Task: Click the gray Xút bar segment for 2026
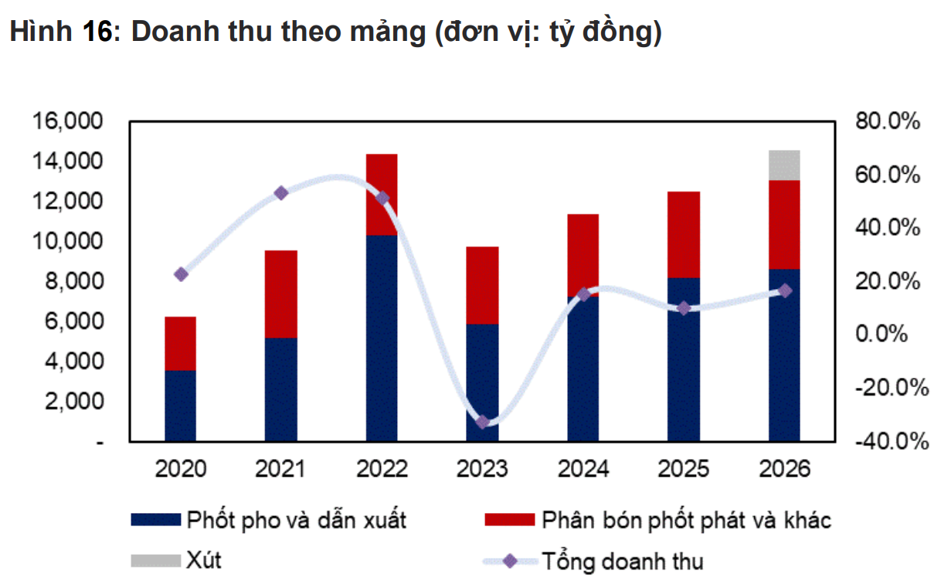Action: pyautogui.click(x=784, y=165)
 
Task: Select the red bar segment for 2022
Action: pyautogui.click(x=382, y=194)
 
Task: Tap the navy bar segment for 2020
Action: pyautogui.click(x=180, y=406)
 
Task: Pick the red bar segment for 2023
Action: pyautogui.click(x=483, y=285)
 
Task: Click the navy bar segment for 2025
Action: pyautogui.click(x=684, y=360)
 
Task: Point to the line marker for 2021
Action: pyautogui.click(x=281, y=193)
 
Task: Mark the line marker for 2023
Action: pyautogui.click(x=483, y=422)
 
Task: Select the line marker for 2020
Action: pyautogui.click(x=181, y=274)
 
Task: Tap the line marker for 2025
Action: pyautogui.click(x=684, y=308)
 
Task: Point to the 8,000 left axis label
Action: pyautogui.click(x=70, y=281)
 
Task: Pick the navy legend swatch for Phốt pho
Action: pyautogui.click(x=155, y=520)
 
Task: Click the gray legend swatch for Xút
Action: pyautogui.click(x=155, y=559)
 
